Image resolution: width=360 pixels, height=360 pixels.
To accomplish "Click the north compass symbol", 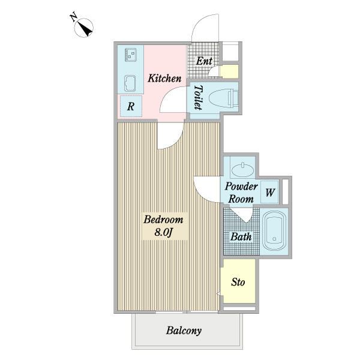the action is click(x=84, y=28).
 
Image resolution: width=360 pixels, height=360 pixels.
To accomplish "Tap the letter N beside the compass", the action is click(x=73, y=17).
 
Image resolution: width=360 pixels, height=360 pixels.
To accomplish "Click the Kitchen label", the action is click(x=164, y=78).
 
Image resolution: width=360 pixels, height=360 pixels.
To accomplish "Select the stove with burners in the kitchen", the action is click(x=130, y=55).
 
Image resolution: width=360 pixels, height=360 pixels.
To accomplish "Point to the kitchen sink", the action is click(x=130, y=83).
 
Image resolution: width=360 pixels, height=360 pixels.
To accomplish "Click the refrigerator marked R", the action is click(x=131, y=106).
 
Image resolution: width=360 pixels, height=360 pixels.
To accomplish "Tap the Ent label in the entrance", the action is click(x=204, y=61).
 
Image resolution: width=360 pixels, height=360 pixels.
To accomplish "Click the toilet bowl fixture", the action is click(x=224, y=99).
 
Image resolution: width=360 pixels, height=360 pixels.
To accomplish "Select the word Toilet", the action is click(x=198, y=97).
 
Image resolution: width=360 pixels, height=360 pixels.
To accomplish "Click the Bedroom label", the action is click(x=163, y=220).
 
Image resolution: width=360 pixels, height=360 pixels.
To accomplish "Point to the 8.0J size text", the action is click(x=163, y=232).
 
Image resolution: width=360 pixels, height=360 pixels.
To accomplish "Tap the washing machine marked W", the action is click(x=270, y=192).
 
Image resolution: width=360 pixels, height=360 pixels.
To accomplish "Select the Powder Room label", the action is click(x=241, y=193).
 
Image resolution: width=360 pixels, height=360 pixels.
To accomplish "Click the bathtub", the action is click(x=274, y=230).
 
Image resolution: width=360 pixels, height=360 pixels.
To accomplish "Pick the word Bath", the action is click(x=241, y=236).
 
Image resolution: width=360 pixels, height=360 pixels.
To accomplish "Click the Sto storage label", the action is click(x=238, y=282).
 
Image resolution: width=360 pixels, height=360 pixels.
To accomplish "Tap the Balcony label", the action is click(x=184, y=331).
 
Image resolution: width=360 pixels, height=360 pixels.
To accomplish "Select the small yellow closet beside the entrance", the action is click(x=229, y=71).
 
